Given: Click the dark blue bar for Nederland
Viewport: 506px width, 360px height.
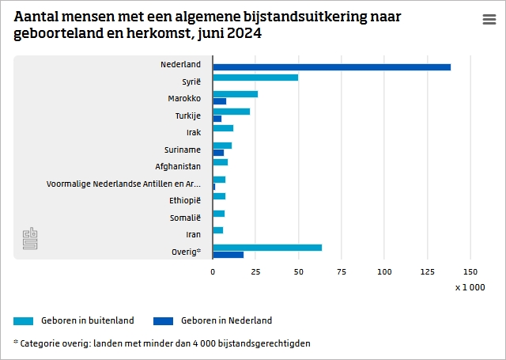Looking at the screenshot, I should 331,67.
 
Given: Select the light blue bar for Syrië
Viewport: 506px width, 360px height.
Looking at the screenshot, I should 255,78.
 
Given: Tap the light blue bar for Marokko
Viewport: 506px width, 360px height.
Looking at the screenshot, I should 235,94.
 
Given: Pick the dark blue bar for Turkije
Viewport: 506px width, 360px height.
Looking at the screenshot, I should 217,119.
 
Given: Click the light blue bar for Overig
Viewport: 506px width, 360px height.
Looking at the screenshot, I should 267,247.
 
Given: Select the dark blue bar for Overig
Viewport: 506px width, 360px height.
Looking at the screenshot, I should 228,255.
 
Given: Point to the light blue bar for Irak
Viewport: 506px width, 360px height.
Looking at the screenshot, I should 223,127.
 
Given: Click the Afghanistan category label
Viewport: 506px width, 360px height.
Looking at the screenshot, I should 178,166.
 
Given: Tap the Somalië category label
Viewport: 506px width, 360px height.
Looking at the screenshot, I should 185,218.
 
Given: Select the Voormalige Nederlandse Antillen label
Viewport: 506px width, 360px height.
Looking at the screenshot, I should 123,184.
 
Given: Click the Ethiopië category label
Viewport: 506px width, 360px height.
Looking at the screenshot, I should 185,200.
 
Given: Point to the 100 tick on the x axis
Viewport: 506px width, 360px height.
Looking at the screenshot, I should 384,271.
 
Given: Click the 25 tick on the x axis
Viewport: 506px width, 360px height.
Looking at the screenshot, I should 255,271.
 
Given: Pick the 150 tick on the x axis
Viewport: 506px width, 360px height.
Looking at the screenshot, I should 470,271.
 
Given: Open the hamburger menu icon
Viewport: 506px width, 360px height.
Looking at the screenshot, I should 489,21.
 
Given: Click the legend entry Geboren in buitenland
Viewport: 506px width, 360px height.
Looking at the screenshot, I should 87,320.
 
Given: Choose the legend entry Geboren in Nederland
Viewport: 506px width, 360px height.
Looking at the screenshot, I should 226,320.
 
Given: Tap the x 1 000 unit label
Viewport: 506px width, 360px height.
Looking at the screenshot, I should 470,287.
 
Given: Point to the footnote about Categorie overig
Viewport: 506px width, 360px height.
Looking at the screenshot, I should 161,343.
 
